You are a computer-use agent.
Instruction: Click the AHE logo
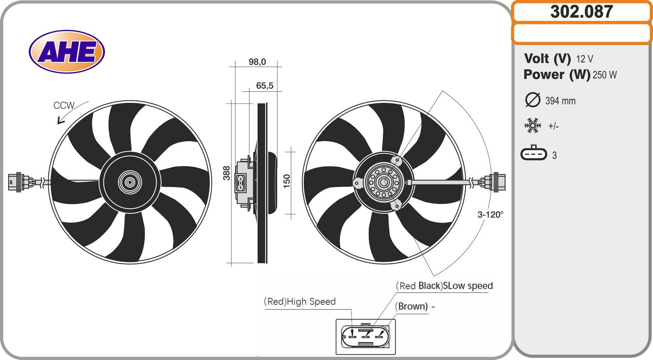tap(67, 52)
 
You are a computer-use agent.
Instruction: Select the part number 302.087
tap(582, 12)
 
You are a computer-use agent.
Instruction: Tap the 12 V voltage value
tap(585, 59)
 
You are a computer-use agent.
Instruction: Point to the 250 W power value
tap(605, 75)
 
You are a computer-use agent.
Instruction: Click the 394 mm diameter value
tap(560, 101)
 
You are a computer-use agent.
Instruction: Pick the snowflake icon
tap(533, 126)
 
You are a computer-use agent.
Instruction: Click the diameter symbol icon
tap(533, 100)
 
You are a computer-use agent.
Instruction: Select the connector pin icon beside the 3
tap(534, 153)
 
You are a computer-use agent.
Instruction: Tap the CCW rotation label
tap(64, 105)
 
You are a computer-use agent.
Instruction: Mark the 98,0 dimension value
tap(257, 62)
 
